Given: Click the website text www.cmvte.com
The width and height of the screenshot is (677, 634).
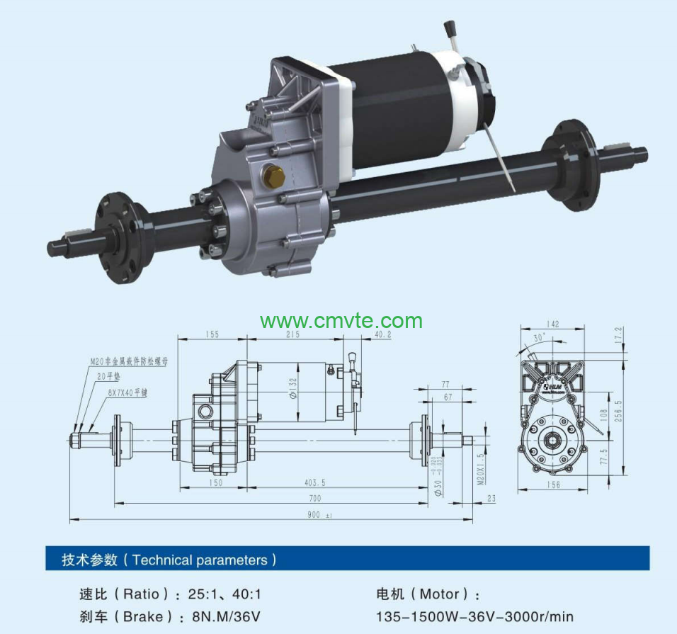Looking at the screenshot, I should (x=341, y=321).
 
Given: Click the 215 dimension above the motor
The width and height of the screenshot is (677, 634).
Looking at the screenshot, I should (x=292, y=334).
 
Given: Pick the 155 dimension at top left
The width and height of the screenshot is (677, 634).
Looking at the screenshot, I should (x=211, y=334).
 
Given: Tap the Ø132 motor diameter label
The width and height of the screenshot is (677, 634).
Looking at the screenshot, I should (x=293, y=388).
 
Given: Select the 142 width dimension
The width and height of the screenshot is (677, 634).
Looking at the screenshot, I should (x=552, y=324).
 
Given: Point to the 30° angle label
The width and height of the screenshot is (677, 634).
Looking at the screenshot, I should (x=540, y=338).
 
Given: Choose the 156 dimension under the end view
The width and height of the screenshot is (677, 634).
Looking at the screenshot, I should (x=552, y=485).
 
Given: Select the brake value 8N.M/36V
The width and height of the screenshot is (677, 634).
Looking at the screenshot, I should (x=226, y=617).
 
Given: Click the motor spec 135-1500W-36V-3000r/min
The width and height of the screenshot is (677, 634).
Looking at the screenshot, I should (x=474, y=617).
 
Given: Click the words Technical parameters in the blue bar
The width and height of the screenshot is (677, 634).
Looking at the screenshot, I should (x=200, y=560).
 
